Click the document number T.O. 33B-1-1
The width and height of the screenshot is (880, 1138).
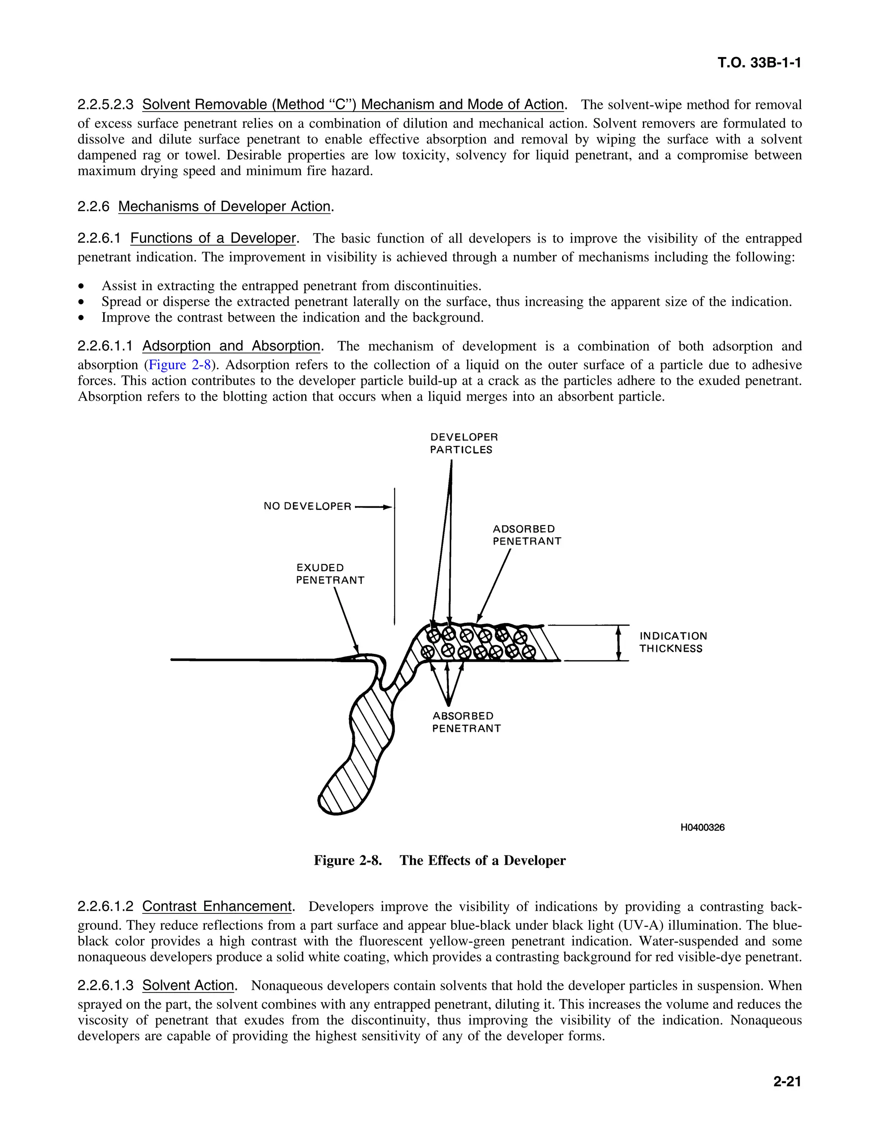click(x=758, y=63)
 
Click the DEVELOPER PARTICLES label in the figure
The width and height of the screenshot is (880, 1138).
click(x=464, y=444)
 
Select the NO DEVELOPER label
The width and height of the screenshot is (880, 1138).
click(x=307, y=506)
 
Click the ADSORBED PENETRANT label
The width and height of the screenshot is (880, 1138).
click(x=526, y=535)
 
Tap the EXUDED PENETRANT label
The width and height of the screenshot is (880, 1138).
click(x=330, y=574)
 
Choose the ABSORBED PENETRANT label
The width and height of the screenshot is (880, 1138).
click(x=466, y=722)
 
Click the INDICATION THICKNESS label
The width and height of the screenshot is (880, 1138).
click(x=672, y=642)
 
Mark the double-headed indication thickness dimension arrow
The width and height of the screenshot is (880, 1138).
click(x=619, y=643)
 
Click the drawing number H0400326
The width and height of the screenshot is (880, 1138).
click(x=702, y=828)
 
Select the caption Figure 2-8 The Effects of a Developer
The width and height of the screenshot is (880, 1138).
click(x=440, y=860)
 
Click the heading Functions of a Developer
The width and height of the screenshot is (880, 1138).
click(x=213, y=238)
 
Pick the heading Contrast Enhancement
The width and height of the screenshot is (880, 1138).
click(x=217, y=906)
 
